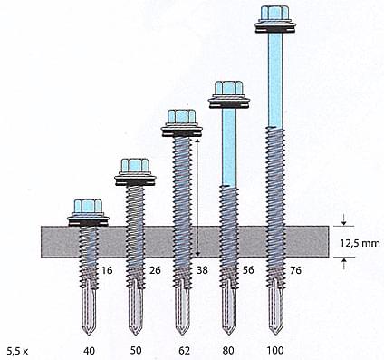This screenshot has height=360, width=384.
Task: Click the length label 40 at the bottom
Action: click(89, 351)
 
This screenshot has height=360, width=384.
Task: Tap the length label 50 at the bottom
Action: click(136, 350)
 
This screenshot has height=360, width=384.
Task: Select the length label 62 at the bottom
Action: click(184, 350)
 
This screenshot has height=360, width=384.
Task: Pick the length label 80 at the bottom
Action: click(228, 350)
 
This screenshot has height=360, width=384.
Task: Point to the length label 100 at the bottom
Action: click(275, 350)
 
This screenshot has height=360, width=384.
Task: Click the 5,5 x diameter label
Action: click(17, 351)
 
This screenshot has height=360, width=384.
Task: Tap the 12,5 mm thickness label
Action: click(360, 243)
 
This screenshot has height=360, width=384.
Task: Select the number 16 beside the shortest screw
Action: click(107, 270)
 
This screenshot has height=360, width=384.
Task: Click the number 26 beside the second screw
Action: click(155, 270)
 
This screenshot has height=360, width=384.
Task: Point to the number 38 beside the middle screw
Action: click(202, 270)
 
